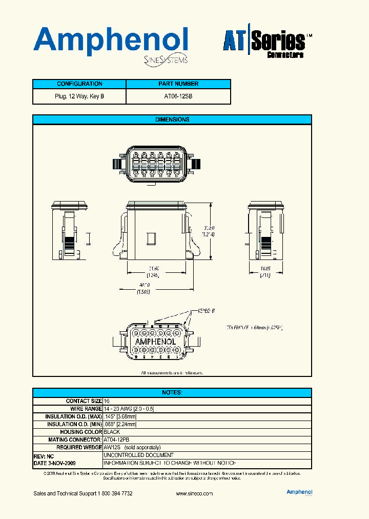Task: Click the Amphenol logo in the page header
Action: tap(110, 41)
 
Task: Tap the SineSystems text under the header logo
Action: tap(164, 60)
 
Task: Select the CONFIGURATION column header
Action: tap(79, 84)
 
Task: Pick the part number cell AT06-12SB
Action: tap(178, 96)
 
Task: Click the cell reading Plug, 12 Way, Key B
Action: tap(79, 96)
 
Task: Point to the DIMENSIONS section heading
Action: tap(172, 119)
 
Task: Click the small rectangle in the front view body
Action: tap(151, 238)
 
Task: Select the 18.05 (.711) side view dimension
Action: tap(265, 271)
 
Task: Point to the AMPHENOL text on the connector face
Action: tap(155, 342)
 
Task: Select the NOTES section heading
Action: tap(172, 392)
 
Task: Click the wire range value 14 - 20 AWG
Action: tap(129, 409)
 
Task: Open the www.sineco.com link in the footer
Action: tap(194, 493)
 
